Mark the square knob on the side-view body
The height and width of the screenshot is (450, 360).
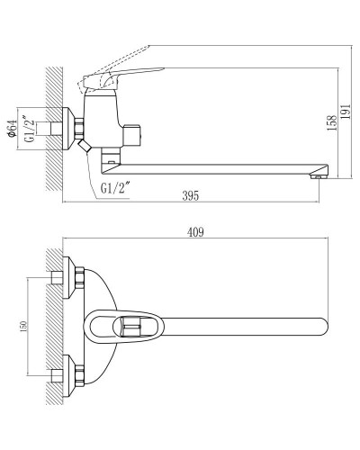(x=135, y=134)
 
